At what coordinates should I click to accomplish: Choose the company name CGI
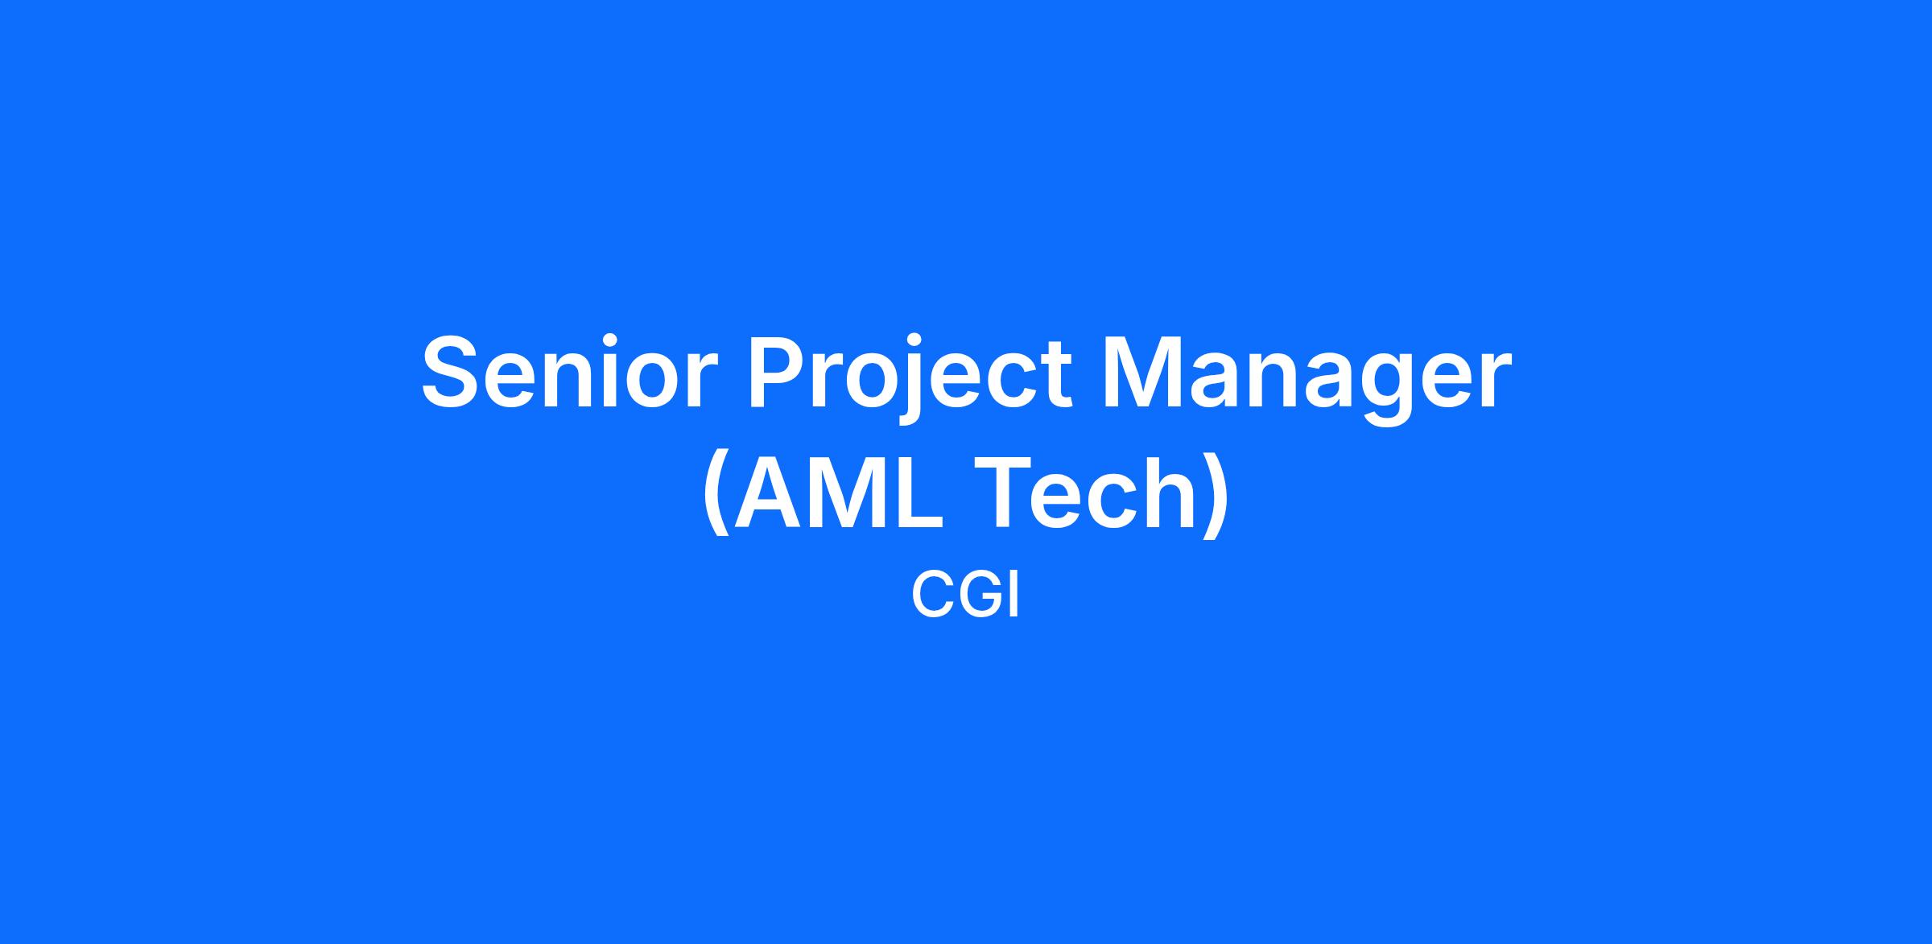965,596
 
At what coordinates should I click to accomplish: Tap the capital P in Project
780,372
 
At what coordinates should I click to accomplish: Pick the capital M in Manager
1143,372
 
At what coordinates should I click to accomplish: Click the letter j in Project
911,378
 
